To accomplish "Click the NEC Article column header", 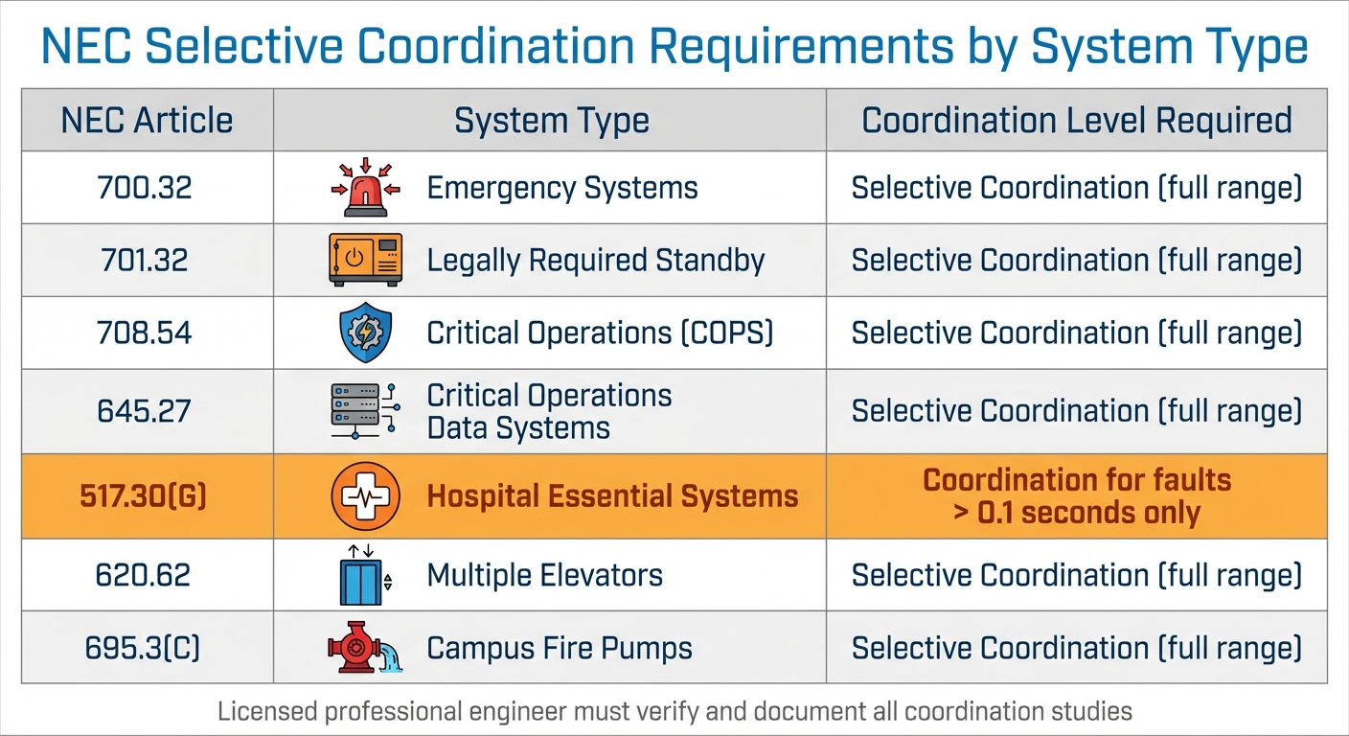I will coord(147,121).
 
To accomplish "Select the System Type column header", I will coord(551,121).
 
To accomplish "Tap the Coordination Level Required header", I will coord(1077,121).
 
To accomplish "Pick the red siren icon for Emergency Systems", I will coord(365,187).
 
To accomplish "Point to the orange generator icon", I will coord(365,260).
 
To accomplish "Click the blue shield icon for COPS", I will coord(365,333).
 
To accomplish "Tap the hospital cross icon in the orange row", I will coord(365,496).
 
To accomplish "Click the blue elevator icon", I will coord(360,575).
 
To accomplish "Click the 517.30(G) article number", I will coord(145,496).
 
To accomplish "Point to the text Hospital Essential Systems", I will coord(612,496).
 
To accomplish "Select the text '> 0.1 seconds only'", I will coord(1077,513).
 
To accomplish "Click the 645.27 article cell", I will coord(145,411).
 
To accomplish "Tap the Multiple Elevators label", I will coord(544,575).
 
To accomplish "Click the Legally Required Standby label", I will coord(595,260).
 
